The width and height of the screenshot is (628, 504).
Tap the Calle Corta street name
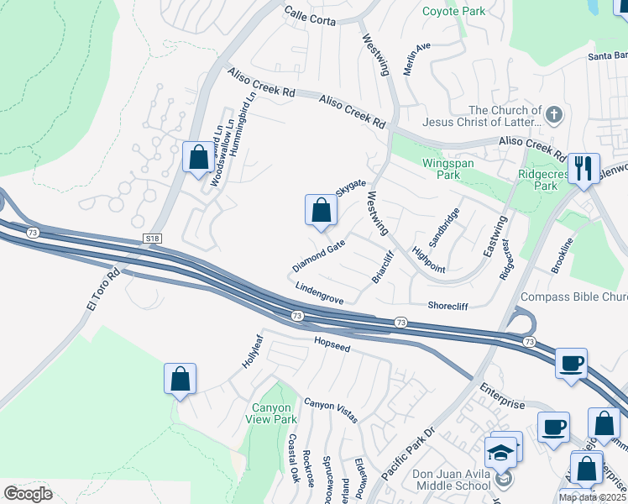coord(310,13)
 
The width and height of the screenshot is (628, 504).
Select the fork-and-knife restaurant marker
coord(582,166)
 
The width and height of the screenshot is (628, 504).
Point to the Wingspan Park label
coord(436,168)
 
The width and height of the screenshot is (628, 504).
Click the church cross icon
coord(553,114)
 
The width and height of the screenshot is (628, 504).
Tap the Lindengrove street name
coord(319,293)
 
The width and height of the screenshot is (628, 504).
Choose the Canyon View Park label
coord(270,413)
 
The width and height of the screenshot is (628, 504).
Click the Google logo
coord(28,494)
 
